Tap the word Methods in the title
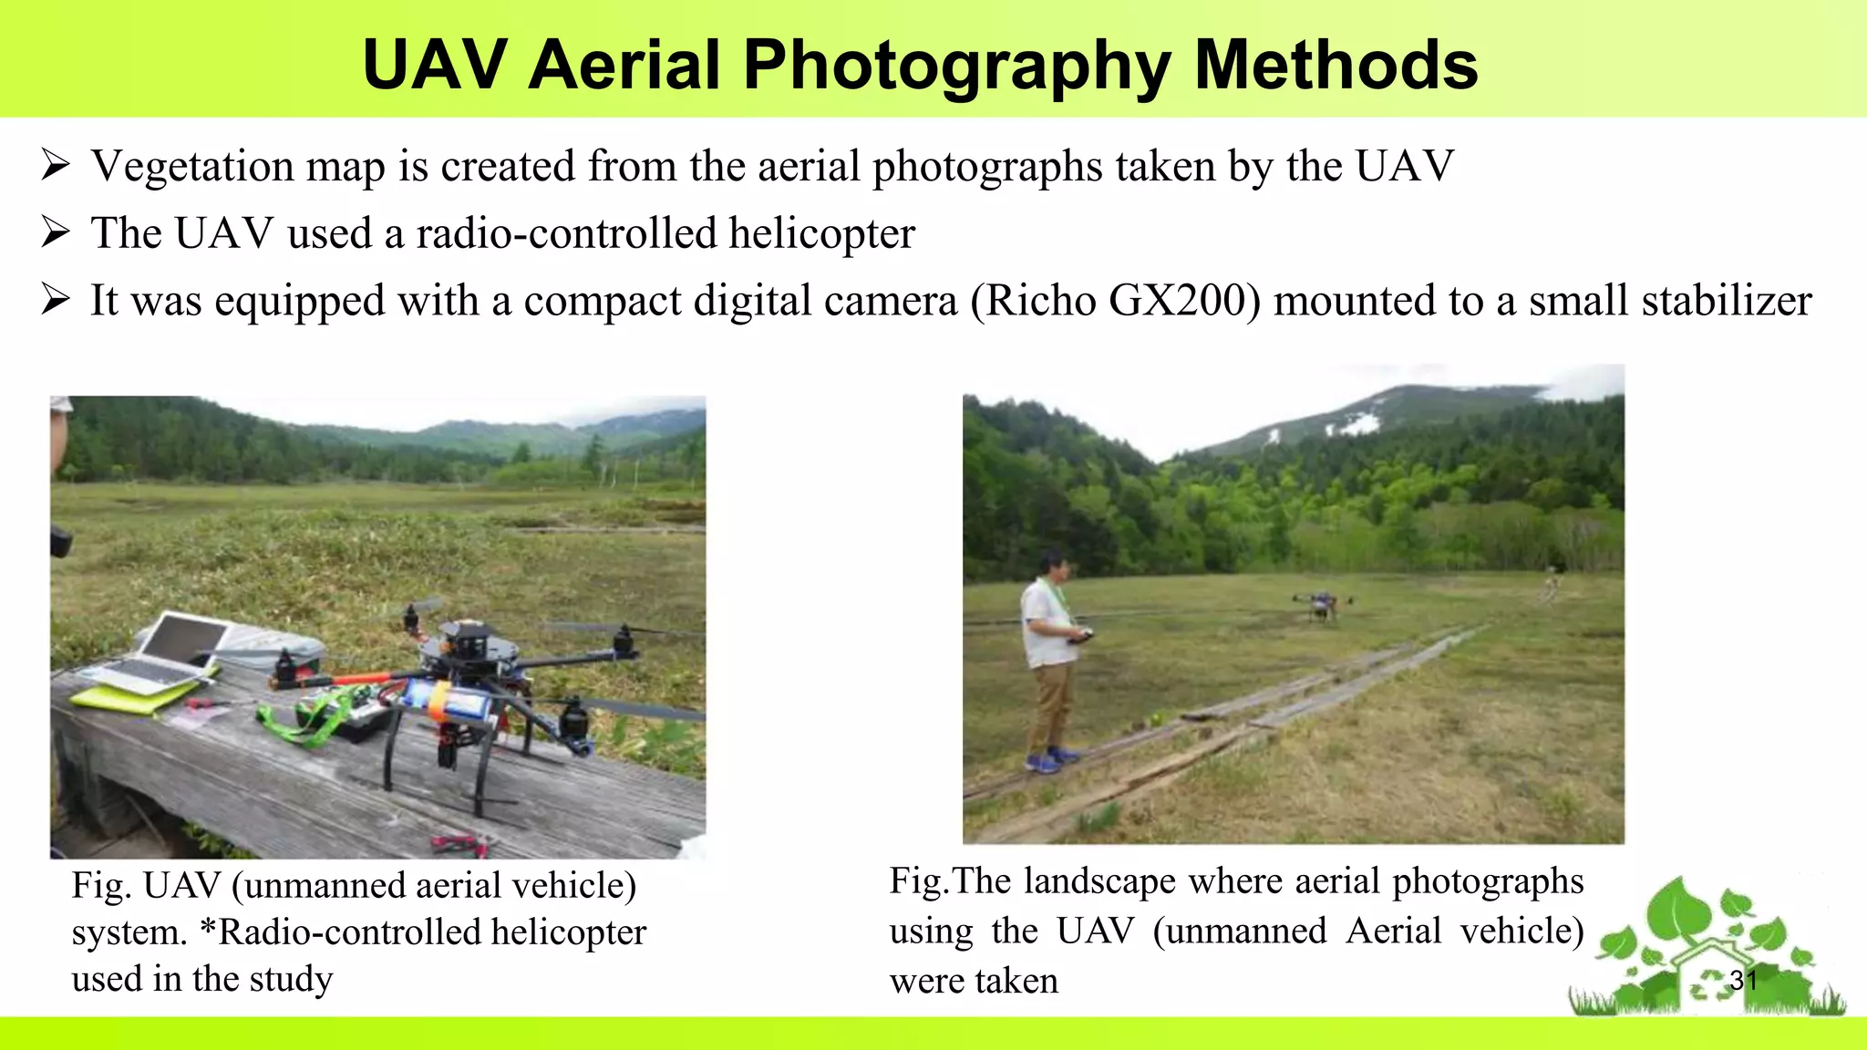point(1336,66)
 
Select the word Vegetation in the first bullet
point(191,167)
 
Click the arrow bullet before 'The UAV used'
point(55,233)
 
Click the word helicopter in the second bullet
point(821,233)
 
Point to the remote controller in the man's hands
point(1084,638)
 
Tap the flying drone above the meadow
point(1321,604)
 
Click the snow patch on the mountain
point(1356,424)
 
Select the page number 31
point(1742,981)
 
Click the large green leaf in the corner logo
point(1677,911)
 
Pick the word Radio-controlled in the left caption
point(351,932)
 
